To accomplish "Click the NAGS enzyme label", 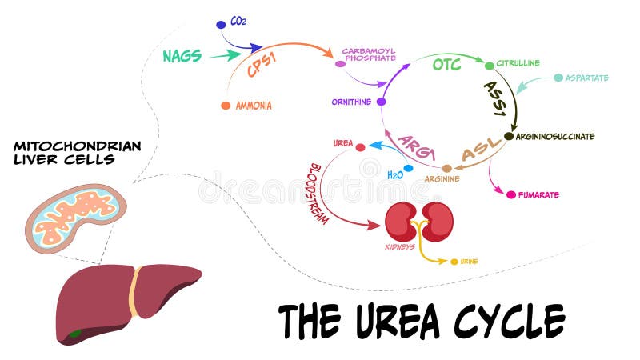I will coord(182,56).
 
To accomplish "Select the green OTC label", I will coord(446,64).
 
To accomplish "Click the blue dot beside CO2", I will coord(222,25).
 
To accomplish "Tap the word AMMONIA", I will coord(254,106).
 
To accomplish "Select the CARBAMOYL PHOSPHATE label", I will coord(369,54).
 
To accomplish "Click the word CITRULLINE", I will coord(518,63).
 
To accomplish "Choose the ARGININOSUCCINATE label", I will coord(555,137).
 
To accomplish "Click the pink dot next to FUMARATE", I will coord(510,194).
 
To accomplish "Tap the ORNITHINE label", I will coord(352,102).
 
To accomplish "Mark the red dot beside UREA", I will coord(360,147).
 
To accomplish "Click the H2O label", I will coord(394,174).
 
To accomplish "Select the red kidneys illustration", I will coord(419,221).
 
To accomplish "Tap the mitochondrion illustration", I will coord(76,214).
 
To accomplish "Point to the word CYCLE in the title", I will coord(509,320).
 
